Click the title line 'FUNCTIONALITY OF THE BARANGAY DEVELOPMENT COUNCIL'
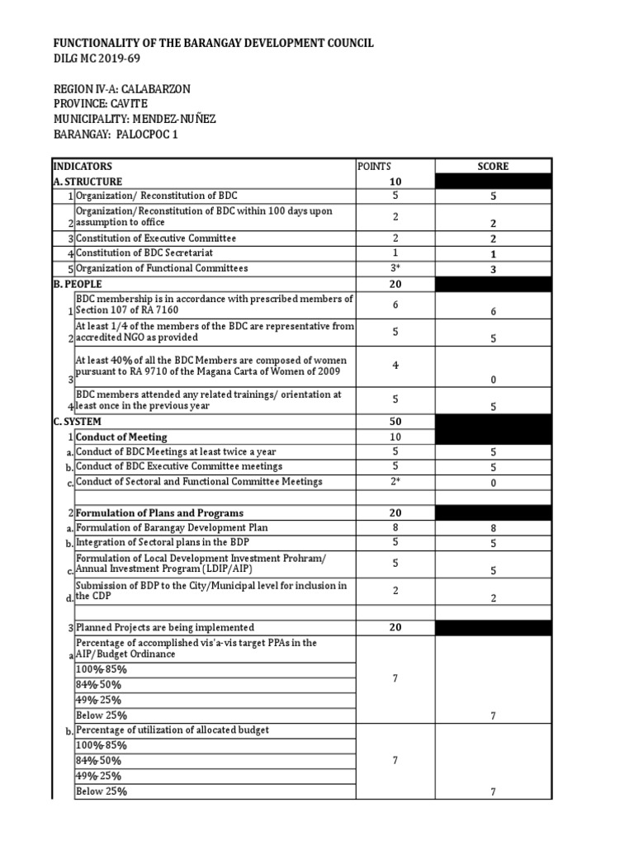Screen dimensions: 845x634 [x=214, y=42]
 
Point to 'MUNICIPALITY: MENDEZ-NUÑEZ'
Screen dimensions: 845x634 [x=135, y=119]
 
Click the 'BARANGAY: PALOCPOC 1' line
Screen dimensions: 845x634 [x=116, y=135]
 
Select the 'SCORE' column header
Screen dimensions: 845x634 [x=493, y=166]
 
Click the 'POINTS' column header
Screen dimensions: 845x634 [x=374, y=166]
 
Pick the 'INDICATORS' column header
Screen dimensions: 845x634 [x=83, y=166]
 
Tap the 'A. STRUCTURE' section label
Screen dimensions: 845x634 [x=88, y=181]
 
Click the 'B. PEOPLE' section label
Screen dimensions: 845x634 [x=78, y=283]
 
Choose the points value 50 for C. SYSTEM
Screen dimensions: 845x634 [x=395, y=421]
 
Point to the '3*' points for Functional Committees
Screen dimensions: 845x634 [x=395, y=268]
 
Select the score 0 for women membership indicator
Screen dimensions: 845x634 [x=493, y=380]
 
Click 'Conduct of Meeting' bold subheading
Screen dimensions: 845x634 [x=121, y=437]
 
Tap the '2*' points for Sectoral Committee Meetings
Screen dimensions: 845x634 [x=395, y=481]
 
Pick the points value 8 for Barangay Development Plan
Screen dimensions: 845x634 [x=395, y=527]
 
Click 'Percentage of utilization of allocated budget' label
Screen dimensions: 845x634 [x=173, y=729]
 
